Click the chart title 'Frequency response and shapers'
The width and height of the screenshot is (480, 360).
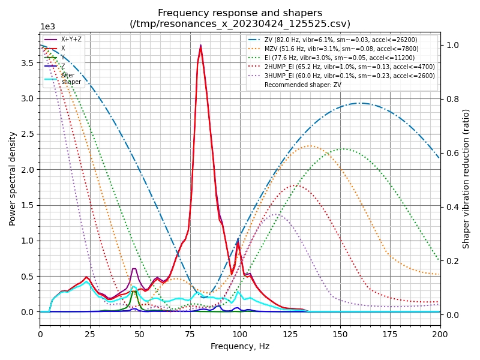click(x=240, y=13)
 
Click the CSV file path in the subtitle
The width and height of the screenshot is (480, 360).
click(x=240, y=24)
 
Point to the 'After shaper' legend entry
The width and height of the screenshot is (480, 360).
click(x=71, y=79)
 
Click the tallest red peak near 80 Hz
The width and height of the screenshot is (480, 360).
click(x=200, y=46)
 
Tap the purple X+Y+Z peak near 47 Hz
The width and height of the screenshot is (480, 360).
click(x=134, y=269)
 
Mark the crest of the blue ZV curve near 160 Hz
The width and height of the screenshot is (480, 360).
click(x=360, y=103)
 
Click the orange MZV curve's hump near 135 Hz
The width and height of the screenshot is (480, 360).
click(x=310, y=146)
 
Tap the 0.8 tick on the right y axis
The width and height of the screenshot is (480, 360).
click(x=451, y=99)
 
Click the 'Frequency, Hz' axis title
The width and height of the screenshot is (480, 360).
click(x=240, y=346)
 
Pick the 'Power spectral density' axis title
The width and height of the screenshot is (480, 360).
click(x=13, y=178)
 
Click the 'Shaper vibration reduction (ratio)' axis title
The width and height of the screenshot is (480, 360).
click(x=466, y=178)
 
